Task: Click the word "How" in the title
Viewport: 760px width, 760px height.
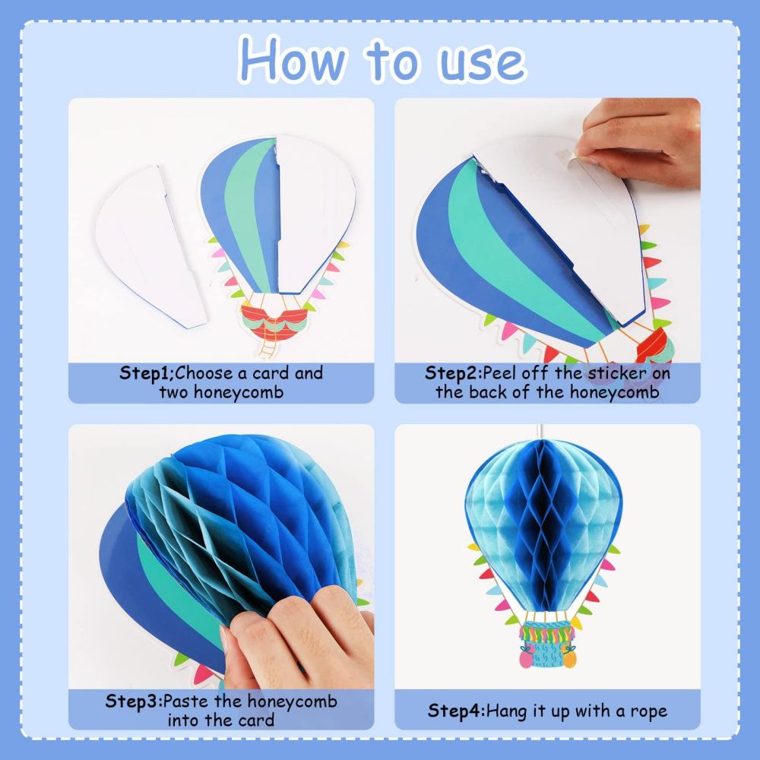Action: coord(294,59)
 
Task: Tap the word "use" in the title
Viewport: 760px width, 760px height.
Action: coord(481,63)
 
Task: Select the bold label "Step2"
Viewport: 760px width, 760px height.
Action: coord(453,373)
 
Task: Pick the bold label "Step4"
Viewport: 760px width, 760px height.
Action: coord(454,711)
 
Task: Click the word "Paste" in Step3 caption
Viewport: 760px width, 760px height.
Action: coord(185,701)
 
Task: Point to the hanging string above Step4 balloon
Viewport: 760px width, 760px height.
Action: coord(541,432)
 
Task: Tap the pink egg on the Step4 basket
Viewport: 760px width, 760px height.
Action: coord(525,658)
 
